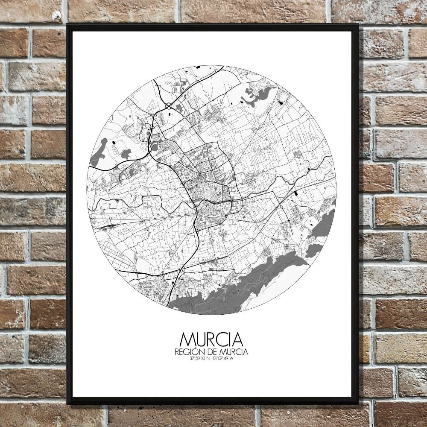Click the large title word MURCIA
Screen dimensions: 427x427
(211, 339)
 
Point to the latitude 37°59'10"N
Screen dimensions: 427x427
(200, 358)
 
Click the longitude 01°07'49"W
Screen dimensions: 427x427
(223, 358)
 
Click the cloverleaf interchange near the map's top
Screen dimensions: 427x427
(169, 105)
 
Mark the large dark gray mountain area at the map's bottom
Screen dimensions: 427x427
(239, 290)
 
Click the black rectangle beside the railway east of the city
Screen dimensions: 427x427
(296, 193)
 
